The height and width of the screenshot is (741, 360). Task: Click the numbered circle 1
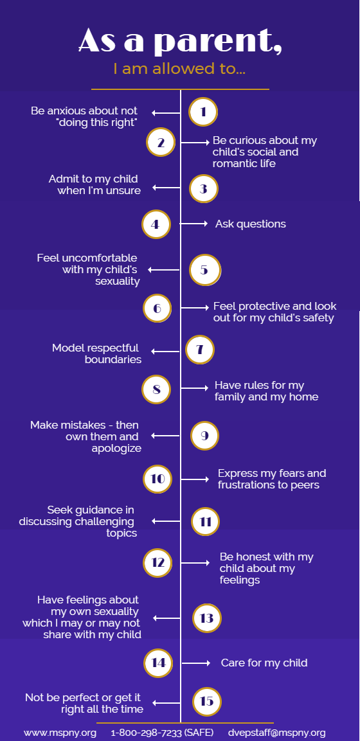tap(203, 112)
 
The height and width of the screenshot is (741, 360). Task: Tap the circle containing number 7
tap(200, 350)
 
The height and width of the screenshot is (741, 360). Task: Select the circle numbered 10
tap(157, 479)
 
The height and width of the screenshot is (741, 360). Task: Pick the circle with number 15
tap(207, 701)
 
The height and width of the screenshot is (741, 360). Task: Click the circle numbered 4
tap(156, 224)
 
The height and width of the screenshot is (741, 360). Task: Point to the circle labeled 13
tap(207, 618)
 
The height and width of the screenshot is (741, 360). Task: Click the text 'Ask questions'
tap(251, 224)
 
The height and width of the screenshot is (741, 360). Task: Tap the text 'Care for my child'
tap(264, 663)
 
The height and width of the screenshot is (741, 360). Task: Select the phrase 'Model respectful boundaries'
tap(96, 353)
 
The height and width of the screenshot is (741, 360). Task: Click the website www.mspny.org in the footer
tap(60, 733)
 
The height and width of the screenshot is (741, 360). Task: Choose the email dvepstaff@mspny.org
tap(277, 733)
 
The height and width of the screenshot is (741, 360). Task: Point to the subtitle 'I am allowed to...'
tap(179, 69)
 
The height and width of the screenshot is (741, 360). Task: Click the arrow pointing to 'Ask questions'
tap(194, 224)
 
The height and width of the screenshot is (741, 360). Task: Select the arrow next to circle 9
tap(166, 435)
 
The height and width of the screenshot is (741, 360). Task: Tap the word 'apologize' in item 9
tap(116, 449)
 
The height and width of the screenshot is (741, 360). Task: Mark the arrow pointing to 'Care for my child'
tap(196, 663)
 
